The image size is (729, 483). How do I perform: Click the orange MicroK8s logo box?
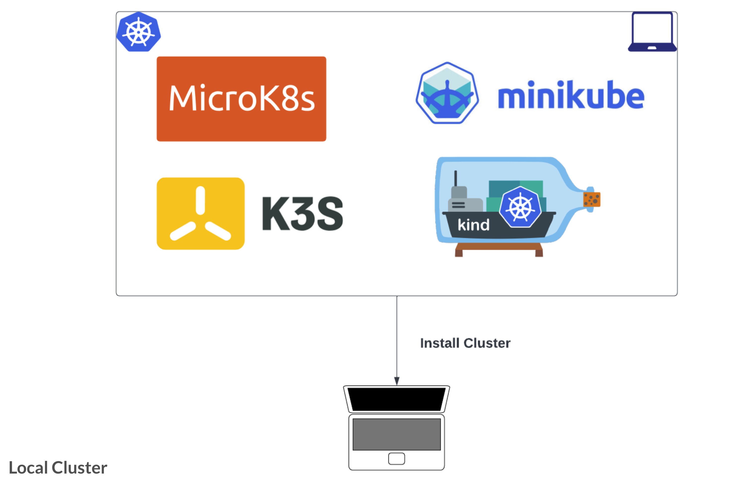[x=241, y=99]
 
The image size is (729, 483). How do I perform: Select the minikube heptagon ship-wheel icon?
[x=447, y=93]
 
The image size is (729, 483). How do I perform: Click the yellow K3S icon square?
[x=200, y=213]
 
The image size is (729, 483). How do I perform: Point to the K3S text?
[x=302, y=213]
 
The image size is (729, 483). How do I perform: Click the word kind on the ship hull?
[x=473, y=225]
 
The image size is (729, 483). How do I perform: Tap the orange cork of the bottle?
[x=592, y=199]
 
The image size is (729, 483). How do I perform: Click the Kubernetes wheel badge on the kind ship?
[x=520, y=207]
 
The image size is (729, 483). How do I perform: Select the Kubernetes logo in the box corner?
[x=139, y=32]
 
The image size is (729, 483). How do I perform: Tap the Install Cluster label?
[x=465, y=343]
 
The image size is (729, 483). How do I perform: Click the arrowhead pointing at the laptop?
[x=397, y=381]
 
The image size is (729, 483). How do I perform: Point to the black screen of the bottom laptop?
[x=397, y=399]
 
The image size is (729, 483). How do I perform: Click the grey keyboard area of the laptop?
[x=397, y=434]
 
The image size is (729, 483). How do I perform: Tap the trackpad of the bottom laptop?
[x=397, y=459]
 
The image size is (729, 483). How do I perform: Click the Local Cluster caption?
[x=58, y=468]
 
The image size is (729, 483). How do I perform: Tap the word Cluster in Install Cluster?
[x=487, y=343]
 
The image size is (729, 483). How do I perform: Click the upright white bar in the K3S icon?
[x=200, y=200]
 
